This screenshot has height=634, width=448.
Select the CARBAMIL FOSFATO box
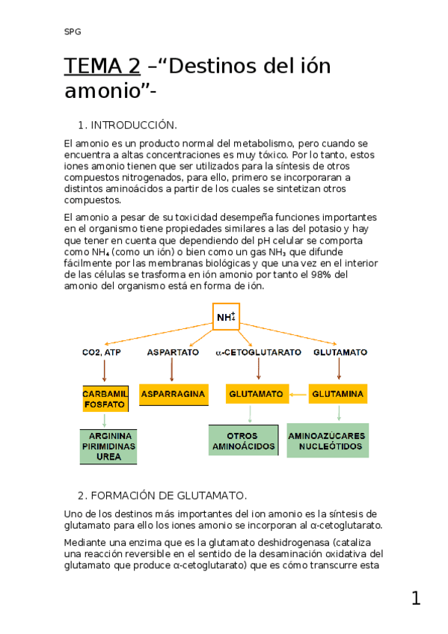tap(105, 398)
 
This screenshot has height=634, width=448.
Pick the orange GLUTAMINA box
tap(338, 393)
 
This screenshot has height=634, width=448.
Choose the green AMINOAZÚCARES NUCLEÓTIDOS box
tap(328, 440)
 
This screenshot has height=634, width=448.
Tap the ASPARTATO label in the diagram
tap(173, 351)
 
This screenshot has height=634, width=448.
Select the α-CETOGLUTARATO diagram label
tap(258, 351)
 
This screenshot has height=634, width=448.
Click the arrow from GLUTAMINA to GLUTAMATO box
tap(298, 393)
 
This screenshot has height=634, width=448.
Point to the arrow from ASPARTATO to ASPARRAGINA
tap(173, 369)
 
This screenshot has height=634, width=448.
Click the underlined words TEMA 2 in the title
tap(102, 67)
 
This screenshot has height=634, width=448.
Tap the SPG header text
tap(73, 31)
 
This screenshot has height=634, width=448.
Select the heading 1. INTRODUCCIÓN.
tap(127, 125)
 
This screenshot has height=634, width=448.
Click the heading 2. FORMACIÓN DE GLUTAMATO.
tap(162, 496)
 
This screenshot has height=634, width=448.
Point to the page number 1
tap(416, 598)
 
